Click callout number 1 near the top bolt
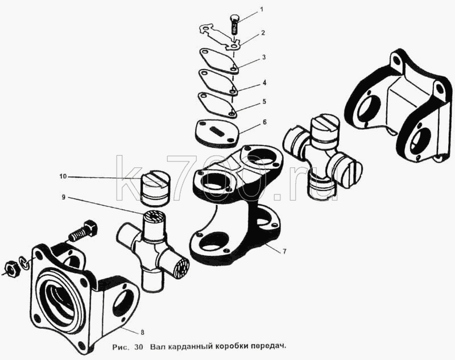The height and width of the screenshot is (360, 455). (x=262, y=10)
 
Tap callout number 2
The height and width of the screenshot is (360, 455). (x=263, y=33)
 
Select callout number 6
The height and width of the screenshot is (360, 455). (x=264, y=122)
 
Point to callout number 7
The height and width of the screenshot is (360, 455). (x=284, y=251)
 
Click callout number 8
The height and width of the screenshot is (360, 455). (x=142, y=333)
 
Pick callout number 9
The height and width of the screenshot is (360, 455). (x=63, y=197)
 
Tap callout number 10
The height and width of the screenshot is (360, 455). (x=63, y=176)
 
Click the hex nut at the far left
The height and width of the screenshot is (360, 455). (x=11, y=269)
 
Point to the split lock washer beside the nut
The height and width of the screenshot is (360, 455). (x=24, y=263)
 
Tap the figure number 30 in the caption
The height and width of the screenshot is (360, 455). (x=138, y=347)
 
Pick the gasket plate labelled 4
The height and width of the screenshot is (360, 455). (x=218, y=82)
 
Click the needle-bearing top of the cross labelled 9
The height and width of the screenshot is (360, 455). (x=154, y=217)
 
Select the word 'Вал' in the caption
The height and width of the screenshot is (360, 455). (x=157, y=347)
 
